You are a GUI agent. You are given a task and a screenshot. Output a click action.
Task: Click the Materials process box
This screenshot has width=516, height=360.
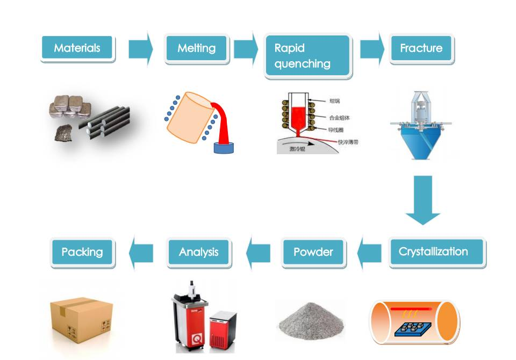tap(77, 48)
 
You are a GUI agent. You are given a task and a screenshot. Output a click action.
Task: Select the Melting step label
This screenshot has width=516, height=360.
tap(196, 48)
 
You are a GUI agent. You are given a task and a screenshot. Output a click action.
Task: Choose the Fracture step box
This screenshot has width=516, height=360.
tap(421, 48)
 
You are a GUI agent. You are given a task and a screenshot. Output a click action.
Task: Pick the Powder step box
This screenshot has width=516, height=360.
tap(313, 251)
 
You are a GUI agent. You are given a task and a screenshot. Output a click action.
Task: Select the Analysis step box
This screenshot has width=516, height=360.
tap(199, 251)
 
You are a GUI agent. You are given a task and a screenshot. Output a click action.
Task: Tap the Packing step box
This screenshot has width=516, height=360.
tap(82, 251)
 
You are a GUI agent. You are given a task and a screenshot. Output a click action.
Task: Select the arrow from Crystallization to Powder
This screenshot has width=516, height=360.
tap(369, 251)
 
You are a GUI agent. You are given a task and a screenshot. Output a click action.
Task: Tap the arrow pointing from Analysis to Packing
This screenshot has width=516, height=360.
tap(140, 251)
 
